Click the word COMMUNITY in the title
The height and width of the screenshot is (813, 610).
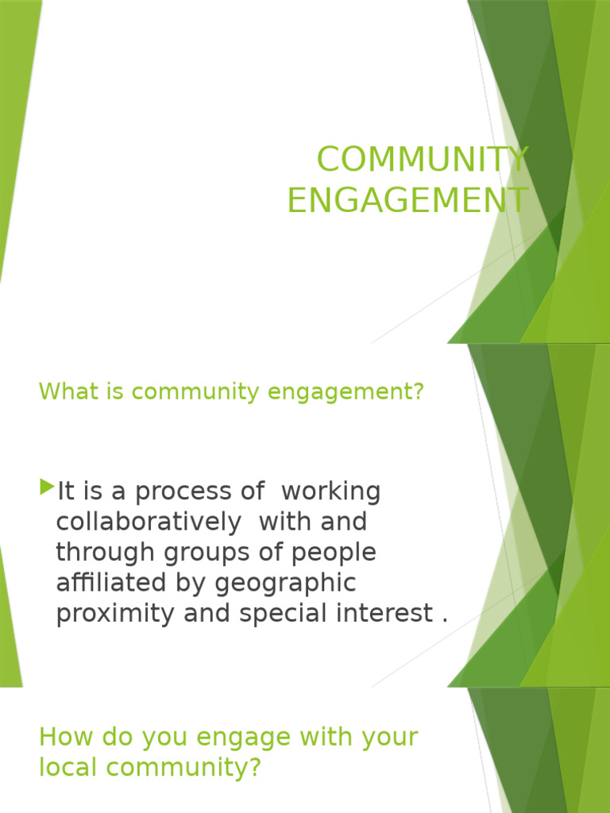click(422, 160)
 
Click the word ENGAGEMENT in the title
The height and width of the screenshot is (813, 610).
click(407, 200)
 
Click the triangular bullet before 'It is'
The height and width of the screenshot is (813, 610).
click(48, 485)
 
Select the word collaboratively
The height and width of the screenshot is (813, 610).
click(148, 522)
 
